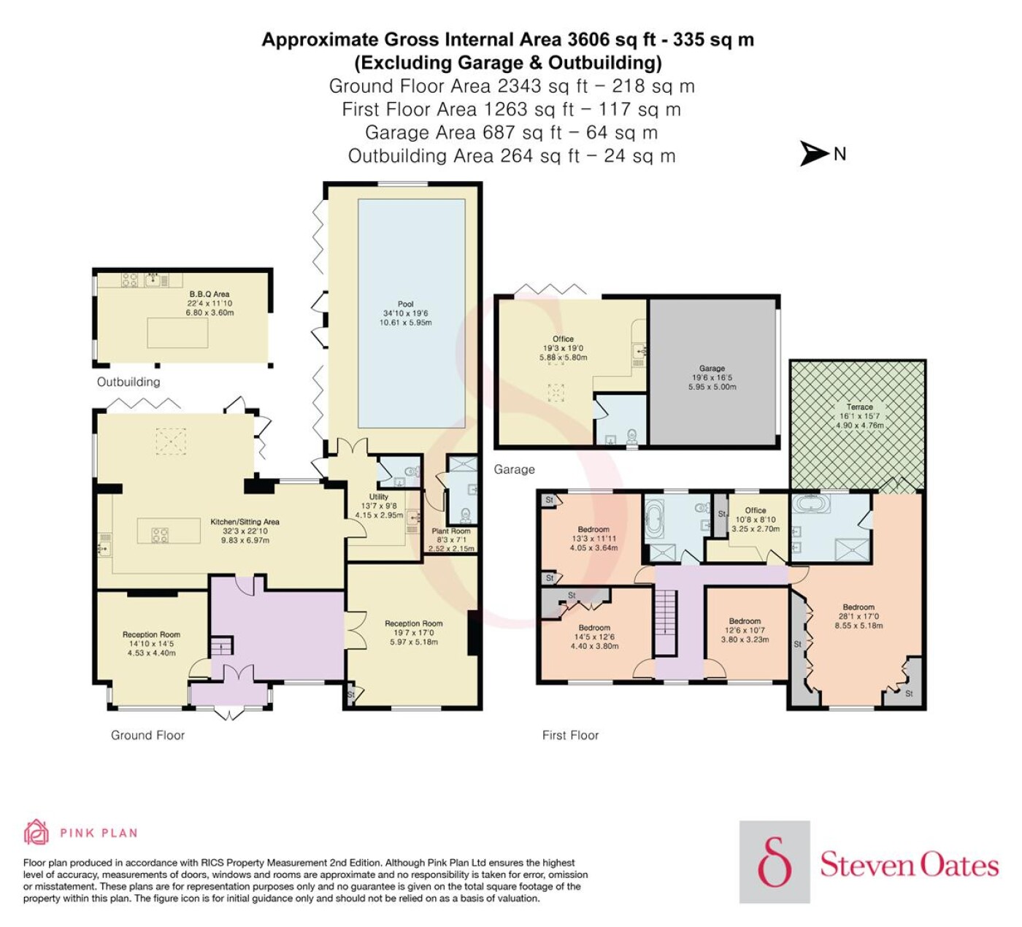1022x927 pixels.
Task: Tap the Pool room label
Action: [406, 304]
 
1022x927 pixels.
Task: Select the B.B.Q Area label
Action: [210, 294]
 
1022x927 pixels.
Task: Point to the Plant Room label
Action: [451, 531]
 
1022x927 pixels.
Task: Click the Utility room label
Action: [379, 496]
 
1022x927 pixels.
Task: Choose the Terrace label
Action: [859, 407]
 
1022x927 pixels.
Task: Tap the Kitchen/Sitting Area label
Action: [245, 522]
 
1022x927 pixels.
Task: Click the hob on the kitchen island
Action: [159, 534]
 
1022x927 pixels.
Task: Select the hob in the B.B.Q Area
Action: [129, 280]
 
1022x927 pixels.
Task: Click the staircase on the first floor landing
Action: [666, 622]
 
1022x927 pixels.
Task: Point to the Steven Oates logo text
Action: [909, 865]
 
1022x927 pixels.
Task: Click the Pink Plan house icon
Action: [36, 832]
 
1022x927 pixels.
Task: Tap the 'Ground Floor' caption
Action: [147, 735]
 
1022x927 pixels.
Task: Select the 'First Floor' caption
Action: [570, 735]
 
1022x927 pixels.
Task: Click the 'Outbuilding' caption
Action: [128, 382]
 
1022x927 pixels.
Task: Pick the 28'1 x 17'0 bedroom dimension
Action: [858, 616]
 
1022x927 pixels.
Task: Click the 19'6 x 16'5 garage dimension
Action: [712, 377]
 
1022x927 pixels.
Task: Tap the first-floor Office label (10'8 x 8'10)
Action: [755, 510]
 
